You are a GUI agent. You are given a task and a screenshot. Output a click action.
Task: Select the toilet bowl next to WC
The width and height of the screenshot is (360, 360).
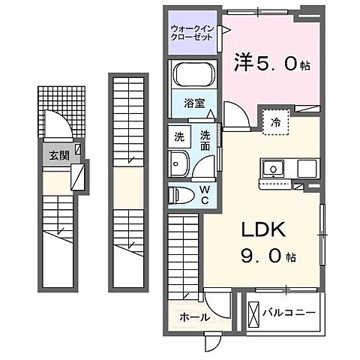click(181, 193)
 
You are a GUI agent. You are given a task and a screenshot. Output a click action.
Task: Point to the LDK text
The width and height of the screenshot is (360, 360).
click(262, 231)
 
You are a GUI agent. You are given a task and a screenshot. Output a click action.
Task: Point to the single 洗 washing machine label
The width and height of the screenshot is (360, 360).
click(179, 137)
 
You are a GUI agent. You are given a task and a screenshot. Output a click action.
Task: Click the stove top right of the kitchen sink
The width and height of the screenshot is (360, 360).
click(307, 168)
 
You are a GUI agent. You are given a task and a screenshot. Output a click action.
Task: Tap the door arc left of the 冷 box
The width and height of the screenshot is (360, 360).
click(236, 120)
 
